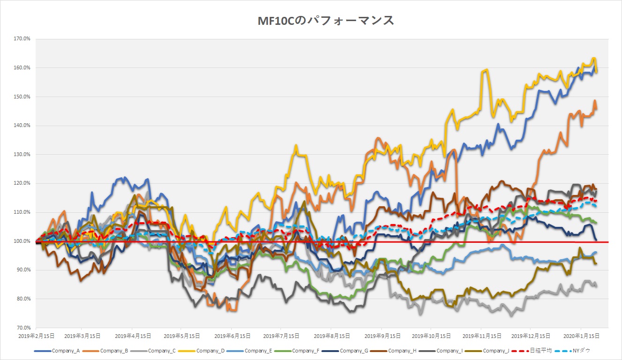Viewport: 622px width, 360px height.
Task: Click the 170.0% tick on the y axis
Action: click(23, 39)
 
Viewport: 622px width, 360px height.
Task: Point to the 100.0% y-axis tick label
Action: click(23, 241)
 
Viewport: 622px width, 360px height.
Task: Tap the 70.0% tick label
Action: click(23, 328)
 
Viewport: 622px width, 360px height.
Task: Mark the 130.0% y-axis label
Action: click(23, 155)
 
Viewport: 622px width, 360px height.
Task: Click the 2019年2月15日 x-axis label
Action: click(36, 336)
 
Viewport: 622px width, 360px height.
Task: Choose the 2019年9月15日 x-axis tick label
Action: click(381, 336)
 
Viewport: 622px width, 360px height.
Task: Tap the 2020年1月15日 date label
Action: click(581, 336)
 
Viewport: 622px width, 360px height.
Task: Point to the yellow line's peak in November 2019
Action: click(486, 70)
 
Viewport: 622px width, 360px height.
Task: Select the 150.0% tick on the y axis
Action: click(23, 97)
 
